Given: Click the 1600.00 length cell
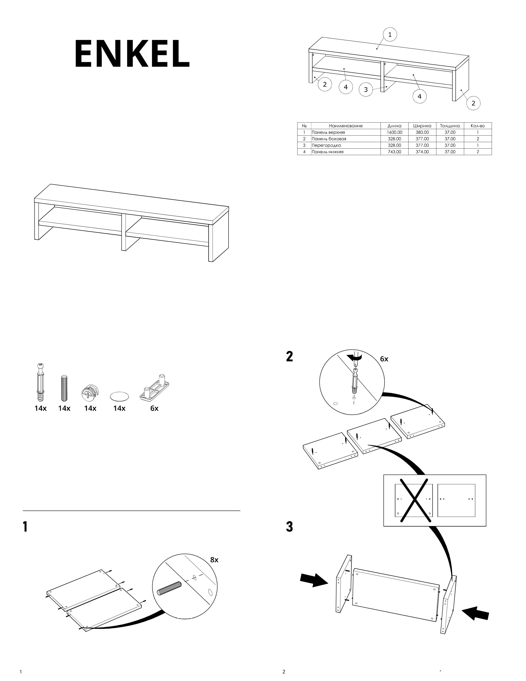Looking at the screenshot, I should (394, 132).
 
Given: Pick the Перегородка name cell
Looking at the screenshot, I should (326, 145).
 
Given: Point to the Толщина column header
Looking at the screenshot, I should (450, 126).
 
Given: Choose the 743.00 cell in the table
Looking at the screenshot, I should (394, 152).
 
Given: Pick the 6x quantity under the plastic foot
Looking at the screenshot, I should (154, 408).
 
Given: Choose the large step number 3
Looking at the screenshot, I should (289, 527).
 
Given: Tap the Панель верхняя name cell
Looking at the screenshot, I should (328, 132).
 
